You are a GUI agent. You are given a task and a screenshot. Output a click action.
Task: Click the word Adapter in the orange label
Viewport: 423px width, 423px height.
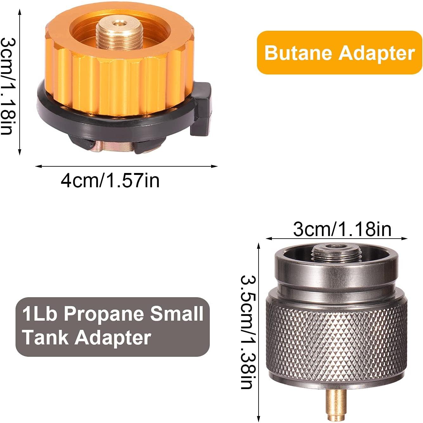click(x=377, y=53)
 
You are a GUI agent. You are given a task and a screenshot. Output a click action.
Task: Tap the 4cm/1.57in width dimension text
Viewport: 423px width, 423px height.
click(x=110, y=181)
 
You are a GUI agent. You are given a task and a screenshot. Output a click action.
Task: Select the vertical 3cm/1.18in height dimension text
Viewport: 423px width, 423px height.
click(x=7, y=86)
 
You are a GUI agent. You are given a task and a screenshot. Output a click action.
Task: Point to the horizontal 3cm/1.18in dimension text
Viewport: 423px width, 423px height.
click(x=342, y=229)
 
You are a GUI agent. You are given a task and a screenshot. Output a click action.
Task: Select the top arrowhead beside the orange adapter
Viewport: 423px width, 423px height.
click(x=20, y=12)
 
